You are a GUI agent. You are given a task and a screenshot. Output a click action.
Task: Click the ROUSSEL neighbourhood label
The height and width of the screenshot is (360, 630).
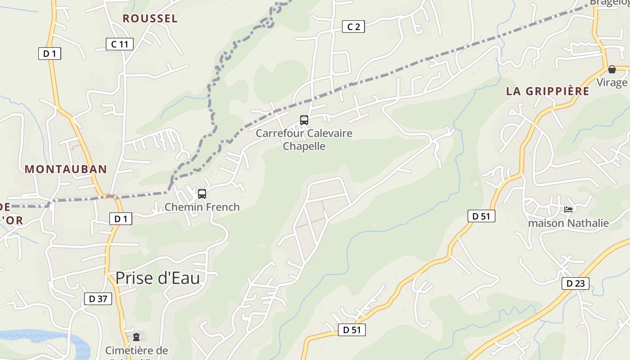pos(150,18)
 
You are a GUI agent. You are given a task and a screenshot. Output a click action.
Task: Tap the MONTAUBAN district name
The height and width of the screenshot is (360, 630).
pos(66,169)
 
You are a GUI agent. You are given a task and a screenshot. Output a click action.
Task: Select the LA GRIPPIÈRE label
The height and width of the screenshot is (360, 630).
pos(547,91)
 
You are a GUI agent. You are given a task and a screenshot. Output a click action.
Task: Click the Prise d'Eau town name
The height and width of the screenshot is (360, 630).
pos(157,278)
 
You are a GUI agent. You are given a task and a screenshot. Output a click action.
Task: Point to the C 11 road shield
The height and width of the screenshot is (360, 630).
pos(120,44)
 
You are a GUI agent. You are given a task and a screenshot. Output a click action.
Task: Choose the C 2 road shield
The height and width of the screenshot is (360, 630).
pos(353,27)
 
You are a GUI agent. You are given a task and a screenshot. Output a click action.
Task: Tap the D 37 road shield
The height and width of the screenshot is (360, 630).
pos(98,298)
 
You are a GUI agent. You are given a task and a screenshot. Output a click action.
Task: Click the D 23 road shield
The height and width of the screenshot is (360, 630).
pos(575,283)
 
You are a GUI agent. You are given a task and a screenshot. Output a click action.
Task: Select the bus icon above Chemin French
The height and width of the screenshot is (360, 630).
pos(202,194)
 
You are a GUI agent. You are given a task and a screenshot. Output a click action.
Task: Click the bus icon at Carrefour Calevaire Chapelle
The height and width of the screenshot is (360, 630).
pos(304,120)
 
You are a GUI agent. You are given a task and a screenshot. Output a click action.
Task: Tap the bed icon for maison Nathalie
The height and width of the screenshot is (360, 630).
pos(568,210)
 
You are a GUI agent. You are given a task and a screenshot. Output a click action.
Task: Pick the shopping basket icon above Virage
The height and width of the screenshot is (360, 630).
pos(612,69)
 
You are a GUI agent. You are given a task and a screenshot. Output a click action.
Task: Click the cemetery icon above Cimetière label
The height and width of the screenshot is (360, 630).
pos(136,337)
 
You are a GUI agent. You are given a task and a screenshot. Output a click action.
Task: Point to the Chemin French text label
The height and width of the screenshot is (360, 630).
pos(202,207)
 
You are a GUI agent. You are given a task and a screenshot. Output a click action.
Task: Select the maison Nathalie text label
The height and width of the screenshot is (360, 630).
pos(568,223)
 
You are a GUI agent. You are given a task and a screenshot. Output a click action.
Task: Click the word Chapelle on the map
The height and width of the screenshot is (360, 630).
pos(304,146)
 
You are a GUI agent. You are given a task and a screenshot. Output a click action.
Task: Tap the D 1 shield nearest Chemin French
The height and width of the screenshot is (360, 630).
pos(121,219)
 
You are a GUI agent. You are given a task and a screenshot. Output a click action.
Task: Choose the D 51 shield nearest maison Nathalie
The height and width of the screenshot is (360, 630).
pos(481,216)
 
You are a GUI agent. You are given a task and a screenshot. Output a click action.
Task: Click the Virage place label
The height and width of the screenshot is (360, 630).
pos(612,82)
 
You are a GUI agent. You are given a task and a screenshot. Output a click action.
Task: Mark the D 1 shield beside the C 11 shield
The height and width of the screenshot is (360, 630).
pos(49,54)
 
